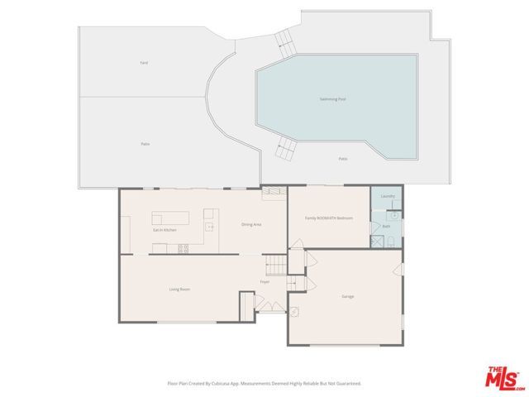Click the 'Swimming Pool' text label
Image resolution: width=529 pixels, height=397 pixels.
pyautogui.click(x=332, y=98)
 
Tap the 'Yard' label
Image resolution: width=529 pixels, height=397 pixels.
pyautogui.click(x=143, y=63)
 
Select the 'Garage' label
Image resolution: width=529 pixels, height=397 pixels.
pyautogui.click(x=347, y=296)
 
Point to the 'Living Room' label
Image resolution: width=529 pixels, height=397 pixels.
pyautogui.click(x=180, y=289)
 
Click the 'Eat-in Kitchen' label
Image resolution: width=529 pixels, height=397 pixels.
pyautogui.click(x=164, y=229)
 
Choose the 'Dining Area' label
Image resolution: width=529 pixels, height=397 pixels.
pyautogui.click(x=251, y=224)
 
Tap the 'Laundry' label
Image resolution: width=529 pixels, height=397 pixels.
pyautogui.click(x=388, y=196)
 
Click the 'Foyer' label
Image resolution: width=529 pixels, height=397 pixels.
pyautogui.click(x=264, y=282)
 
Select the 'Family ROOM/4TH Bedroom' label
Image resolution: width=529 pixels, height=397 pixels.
pyautogui.click(x=329, y=218)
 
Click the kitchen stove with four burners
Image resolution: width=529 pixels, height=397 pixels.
pyautogui.click(x=183, y=246)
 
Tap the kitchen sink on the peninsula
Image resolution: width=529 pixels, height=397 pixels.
pyautogui.click(x=209, y=226)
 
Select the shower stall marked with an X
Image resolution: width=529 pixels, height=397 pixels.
pyautogui.click(x=378, y=242)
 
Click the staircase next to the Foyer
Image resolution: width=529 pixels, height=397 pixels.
pyautogui.click(x=274, y=265)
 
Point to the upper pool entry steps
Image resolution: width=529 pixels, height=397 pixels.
pyautogui.click(x=285, y=40)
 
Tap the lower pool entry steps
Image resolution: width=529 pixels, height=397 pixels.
pyautogui.click(x=286, y=150)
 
